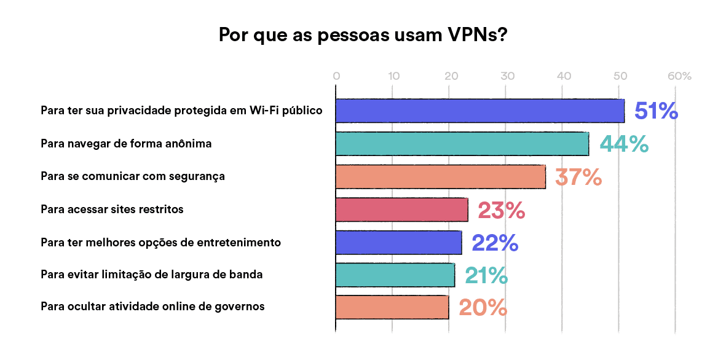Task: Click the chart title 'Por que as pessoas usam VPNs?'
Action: [x=363, y=34]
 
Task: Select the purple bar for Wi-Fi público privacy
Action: [x=479, y=111]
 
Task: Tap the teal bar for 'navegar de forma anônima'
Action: [x=462, y=144]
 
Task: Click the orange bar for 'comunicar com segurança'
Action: [x=440, y=177]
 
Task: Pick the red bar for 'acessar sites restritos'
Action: [x=401, y=210]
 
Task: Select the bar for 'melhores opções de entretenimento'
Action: [x=398, y=243]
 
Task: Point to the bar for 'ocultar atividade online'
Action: [x=392, y=307]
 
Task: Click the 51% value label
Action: [x=656, y=111]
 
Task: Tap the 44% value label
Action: [x=624, y=144]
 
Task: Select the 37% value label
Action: [x=578, y=177]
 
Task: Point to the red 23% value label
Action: [x=501, y=210]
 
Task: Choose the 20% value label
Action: [x=483, y=307]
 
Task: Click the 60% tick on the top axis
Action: [x=679, y=77]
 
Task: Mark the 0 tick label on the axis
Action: [x=336, y=77]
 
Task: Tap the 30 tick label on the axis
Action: [x=507, y=77]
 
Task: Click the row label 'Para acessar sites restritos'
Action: [x=112, y=209]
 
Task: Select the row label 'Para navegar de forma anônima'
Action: [x=126, y=144]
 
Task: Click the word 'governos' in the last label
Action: [x=243, y=306]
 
